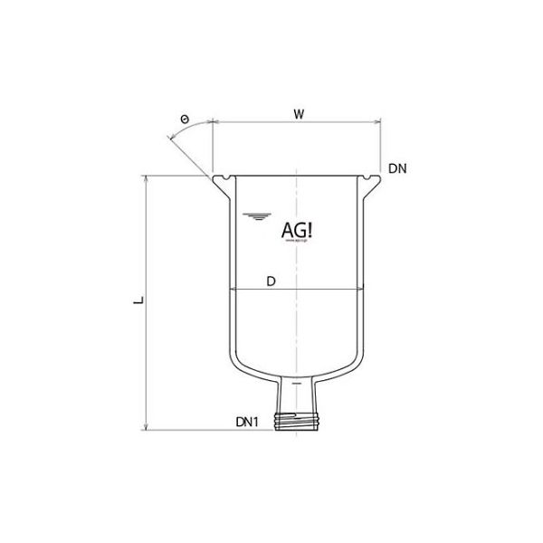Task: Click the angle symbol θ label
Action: point(186,119)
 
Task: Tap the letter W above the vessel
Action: point(298,114)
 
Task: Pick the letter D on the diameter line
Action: point(270,281)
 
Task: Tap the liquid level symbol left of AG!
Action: point(254,215)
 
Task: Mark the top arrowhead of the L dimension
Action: point(145,178)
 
